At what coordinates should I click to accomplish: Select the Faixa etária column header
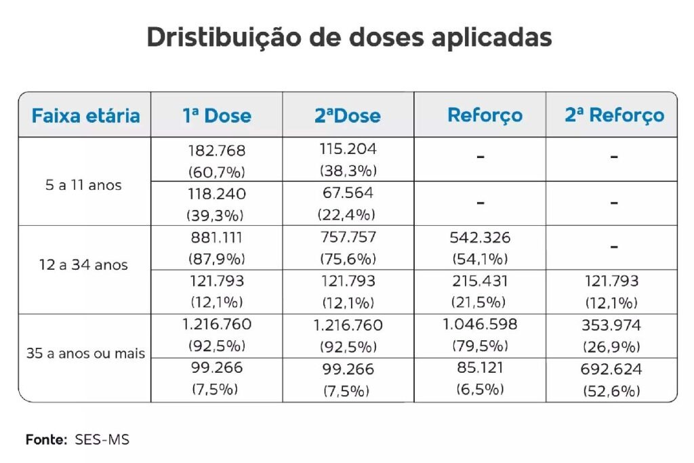click(85, 115)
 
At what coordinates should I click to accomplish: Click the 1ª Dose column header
click(216, 115)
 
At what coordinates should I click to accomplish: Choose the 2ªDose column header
click(348, 115)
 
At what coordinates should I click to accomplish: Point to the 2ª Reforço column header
click(614, 115)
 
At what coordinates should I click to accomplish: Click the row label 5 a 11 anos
click(83, 185)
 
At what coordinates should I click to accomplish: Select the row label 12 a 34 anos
click(83, 265)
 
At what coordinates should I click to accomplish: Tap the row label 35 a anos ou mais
click(85, 353)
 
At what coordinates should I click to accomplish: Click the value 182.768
click(216, 150)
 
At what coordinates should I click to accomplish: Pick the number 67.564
click(348, 194)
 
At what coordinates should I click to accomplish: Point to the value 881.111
click(216, 238)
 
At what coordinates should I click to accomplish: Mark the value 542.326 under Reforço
click(480, 238)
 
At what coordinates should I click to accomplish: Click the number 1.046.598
click(480, 325)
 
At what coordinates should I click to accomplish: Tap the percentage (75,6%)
click(348, 259)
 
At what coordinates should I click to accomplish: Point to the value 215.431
click(480, 281)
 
